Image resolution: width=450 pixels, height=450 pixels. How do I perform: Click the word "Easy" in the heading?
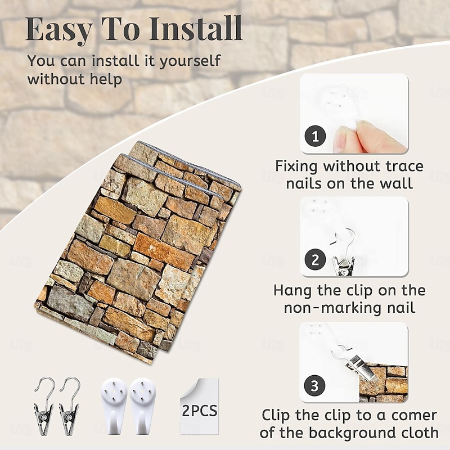coord(59,30)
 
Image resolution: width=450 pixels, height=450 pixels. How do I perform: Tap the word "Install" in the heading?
coord(196,29)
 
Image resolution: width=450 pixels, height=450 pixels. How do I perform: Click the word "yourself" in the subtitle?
coord(190,61)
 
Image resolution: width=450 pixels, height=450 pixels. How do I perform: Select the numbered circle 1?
coord(315,136)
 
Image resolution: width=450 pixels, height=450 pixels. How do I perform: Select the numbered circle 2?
coord(315,259)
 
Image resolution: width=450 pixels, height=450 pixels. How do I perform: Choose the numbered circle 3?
coord(314,385)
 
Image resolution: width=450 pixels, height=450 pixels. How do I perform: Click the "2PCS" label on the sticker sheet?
coord(200,411)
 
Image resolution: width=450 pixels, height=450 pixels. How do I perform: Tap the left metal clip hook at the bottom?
coord(44,405)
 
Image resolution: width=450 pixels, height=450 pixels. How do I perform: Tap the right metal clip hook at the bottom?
coord(69,405)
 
